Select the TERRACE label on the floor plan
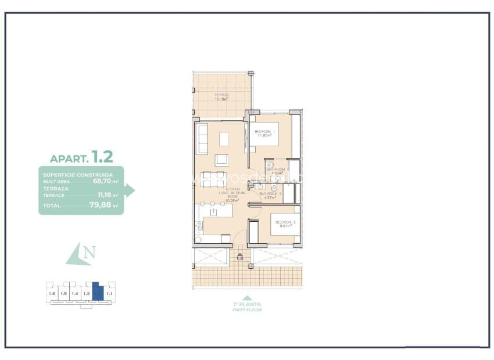tap(221, 96)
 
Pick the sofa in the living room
tap(202, 139)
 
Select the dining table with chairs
tap(213, 179)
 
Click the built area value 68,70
tap(105, 181)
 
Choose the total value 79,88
tap(104, 205)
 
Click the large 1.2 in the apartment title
tap(102, 157)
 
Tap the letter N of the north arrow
tap(89, 253)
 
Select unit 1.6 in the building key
tap(52, 294)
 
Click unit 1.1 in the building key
tap(109, 294)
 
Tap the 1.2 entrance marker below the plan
tap(239, 257)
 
